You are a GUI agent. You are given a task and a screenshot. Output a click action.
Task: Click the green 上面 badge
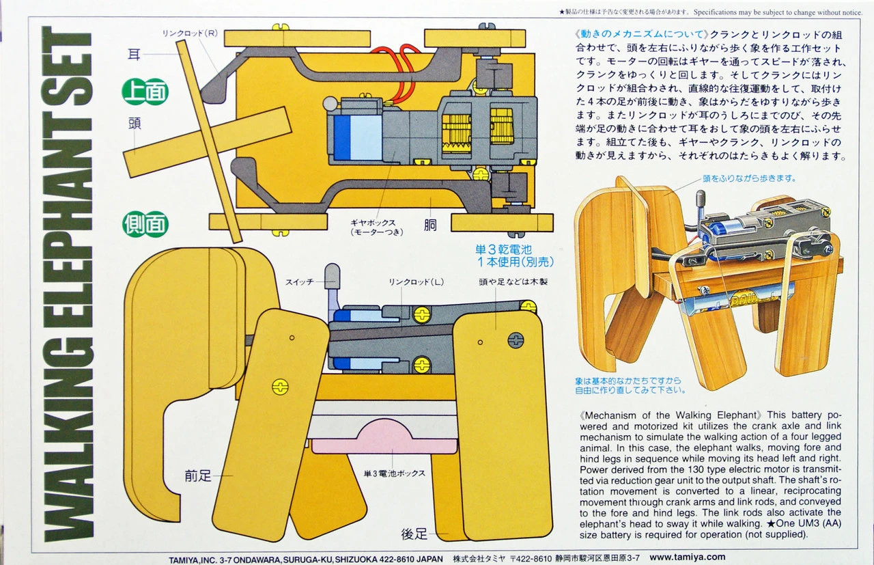[145, 92]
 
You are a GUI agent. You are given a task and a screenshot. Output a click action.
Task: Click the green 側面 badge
[145, 224]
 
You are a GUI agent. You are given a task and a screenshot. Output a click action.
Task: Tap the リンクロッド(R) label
[190, 33]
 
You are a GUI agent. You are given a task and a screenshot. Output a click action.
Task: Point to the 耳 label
[134, 54]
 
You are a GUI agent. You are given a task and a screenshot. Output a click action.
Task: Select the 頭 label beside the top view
[135, 124]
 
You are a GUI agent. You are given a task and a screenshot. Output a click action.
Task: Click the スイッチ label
[299, 281]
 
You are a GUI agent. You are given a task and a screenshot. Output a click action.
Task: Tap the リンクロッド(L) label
[416, 281]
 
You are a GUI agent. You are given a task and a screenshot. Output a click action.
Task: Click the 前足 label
[198, 476]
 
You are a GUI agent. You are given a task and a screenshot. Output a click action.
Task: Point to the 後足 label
[414, 534]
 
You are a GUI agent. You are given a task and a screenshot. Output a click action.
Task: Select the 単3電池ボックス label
[395, 473]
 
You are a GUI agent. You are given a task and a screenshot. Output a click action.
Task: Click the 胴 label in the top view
[430, 225]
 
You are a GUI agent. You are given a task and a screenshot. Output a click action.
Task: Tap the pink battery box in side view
[384, 437]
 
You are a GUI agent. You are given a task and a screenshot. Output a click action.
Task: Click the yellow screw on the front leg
[280, 387]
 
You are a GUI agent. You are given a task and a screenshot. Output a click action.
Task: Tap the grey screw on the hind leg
[516, 341]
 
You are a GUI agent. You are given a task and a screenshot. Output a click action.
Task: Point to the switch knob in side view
[332, 277]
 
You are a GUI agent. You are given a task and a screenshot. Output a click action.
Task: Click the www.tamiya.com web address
[688, 557]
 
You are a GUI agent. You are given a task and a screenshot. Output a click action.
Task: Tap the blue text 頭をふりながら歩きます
[749, 178]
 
